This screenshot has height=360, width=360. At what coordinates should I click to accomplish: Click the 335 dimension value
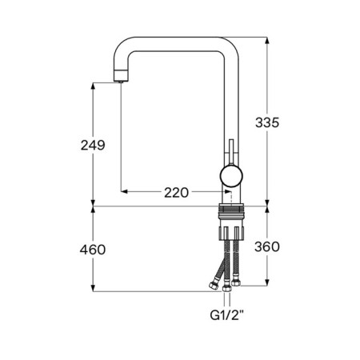267,122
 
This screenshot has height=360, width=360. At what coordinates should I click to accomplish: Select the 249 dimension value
93,146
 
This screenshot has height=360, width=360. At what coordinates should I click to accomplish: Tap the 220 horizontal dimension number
176,193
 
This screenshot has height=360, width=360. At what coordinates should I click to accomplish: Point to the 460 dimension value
93,250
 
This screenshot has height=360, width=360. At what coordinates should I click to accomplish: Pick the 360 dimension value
267,246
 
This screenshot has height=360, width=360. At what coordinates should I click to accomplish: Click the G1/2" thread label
226,315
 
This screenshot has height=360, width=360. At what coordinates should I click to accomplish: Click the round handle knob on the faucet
231,176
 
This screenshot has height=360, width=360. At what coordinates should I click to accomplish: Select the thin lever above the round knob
231,152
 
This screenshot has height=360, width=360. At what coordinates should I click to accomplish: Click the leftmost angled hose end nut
214,286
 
